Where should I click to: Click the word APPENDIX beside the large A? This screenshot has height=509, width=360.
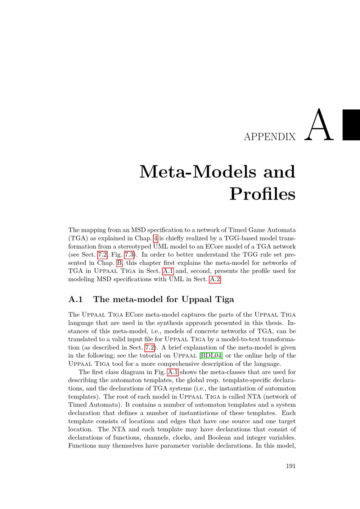point(270,137)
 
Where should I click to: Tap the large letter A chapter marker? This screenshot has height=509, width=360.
point(319,125)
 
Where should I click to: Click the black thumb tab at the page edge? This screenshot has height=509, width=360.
point(351,125)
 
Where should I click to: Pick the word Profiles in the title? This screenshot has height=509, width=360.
point(262,194)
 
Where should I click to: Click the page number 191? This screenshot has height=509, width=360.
point(291,466)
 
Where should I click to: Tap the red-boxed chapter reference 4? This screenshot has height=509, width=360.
point(156,238)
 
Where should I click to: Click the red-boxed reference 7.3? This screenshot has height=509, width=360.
point(129,255)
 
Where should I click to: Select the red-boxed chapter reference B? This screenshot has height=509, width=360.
point(119,263)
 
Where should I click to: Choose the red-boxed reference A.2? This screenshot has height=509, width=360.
point(215,279)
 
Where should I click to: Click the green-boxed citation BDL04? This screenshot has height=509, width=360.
point(211,356)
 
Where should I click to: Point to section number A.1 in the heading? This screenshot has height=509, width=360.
point(76,299)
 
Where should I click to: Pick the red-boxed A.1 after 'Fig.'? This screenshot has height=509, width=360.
point(173,372)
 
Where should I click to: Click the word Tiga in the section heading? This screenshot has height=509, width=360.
point(225,299)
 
